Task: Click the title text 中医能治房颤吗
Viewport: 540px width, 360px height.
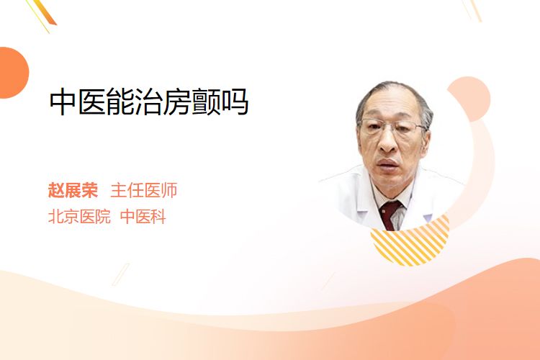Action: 149,102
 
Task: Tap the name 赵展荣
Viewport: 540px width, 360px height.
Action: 73,190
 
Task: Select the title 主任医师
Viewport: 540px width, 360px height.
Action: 144,190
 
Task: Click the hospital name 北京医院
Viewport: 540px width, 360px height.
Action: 79,217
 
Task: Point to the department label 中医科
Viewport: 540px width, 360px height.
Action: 143,217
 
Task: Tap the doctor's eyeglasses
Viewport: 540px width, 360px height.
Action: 392,127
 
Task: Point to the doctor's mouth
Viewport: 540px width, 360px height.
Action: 387,163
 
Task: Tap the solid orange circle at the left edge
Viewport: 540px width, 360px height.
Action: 13,73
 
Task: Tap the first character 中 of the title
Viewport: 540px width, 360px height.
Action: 63,102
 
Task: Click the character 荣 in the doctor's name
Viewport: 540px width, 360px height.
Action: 89,190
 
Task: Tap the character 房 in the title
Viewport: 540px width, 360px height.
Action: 177,102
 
